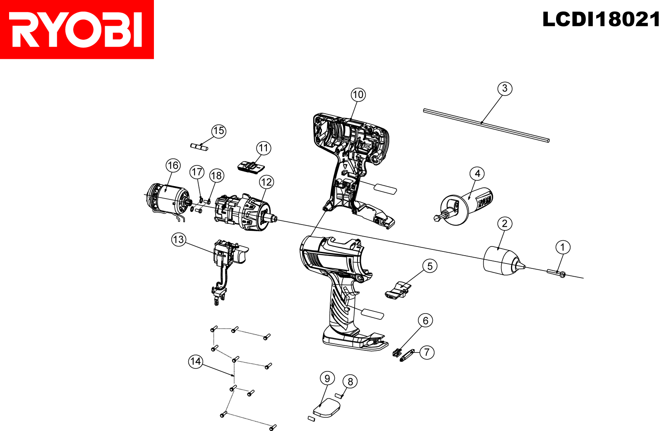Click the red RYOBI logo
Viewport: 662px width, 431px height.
[x=77, y=29]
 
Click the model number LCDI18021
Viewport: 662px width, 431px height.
[x=602, y=19]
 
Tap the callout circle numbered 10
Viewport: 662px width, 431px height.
[x=358, y=95]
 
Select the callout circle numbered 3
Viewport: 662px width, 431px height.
[x=505, y=89]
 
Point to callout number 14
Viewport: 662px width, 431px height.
[x=196, y=361]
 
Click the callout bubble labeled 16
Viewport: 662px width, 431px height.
[x=173, y=165]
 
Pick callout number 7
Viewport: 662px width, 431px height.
[x=427, y=352]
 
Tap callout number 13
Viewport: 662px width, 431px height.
[x=179, y=239]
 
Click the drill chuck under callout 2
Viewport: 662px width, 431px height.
[x=504, y=261]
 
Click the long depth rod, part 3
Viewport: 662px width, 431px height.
[x=487, y=126]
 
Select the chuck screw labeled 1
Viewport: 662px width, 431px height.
[x=556, y=273]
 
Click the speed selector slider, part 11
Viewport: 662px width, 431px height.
[x=251, y=168]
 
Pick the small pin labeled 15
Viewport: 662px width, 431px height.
[x=199, y=147]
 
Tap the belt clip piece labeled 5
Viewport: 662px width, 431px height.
[x=398, y=290]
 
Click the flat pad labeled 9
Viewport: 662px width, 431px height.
[x=326, y=408]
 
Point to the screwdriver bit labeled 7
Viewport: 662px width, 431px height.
[x=407, y=355]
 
